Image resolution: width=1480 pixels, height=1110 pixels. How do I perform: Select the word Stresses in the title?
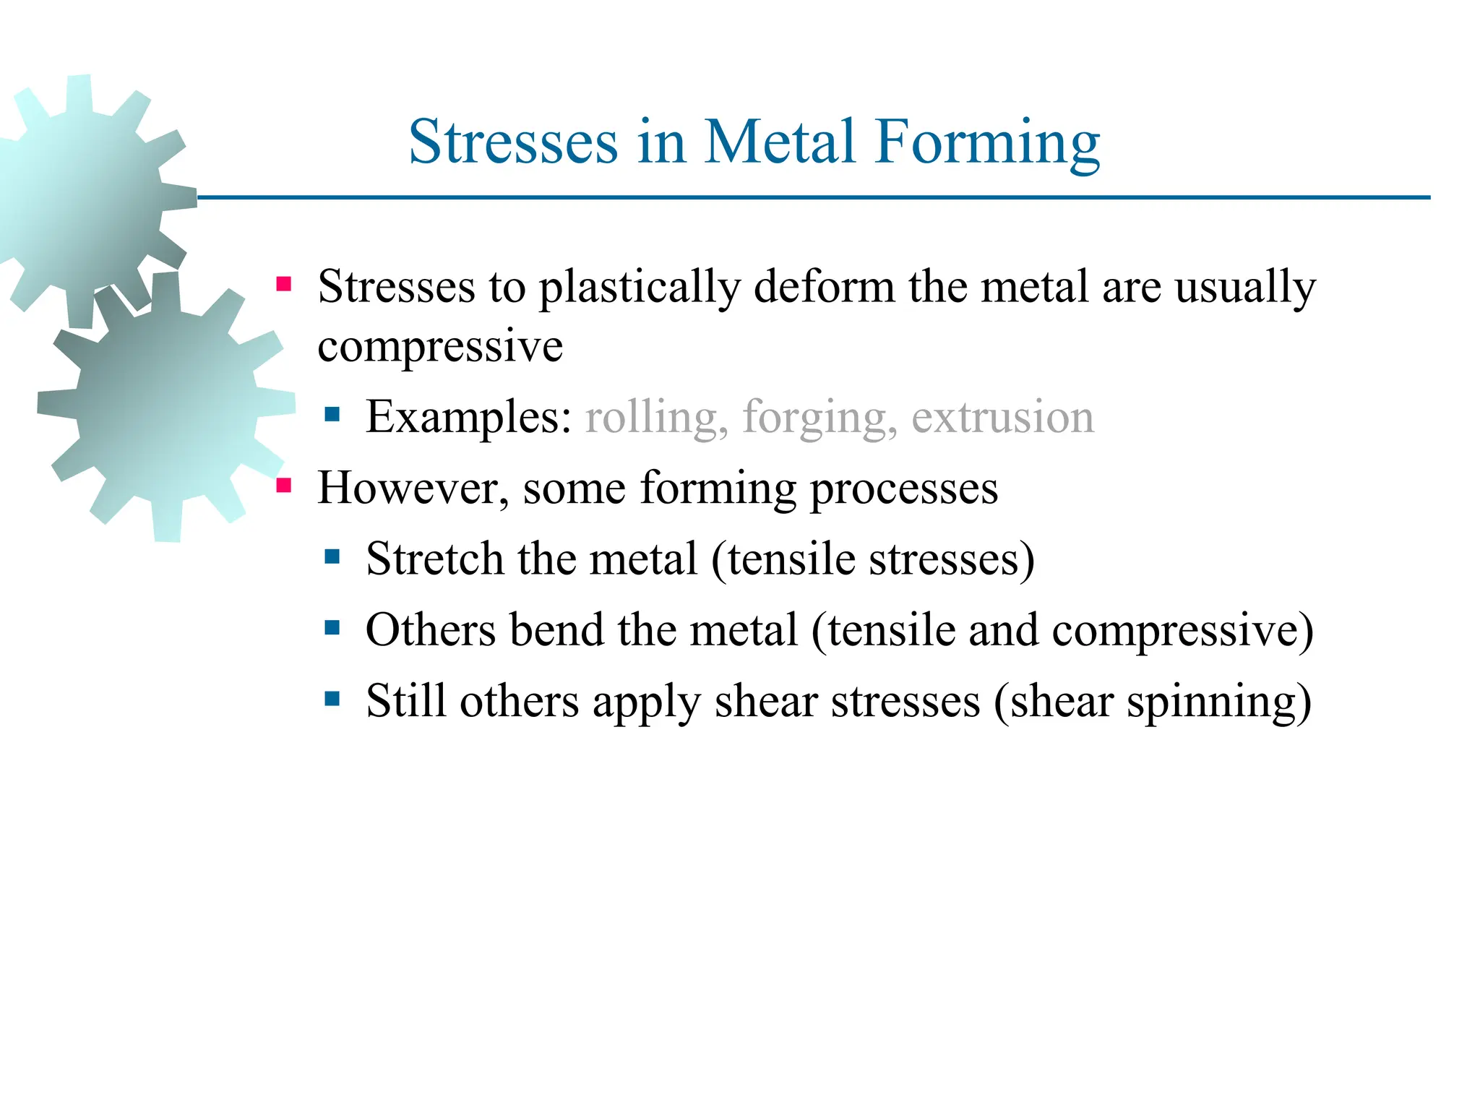pos(513,142)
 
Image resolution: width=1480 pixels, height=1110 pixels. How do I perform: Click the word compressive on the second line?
pos(440,347)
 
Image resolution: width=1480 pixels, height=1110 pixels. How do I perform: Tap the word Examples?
pos(468,418)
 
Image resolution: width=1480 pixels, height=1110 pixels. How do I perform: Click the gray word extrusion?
pos(1003,418)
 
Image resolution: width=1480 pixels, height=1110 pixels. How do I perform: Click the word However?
pos(413,489)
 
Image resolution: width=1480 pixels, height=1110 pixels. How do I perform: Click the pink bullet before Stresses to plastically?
pos(284,284)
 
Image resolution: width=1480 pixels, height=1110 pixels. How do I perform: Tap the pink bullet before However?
pos(284,485)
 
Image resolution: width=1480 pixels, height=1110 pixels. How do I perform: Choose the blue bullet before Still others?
pos(332,698)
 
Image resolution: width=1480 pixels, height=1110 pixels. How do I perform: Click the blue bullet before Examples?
pos(332,414)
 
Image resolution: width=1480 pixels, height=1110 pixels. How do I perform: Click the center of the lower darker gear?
pos(166,407)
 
